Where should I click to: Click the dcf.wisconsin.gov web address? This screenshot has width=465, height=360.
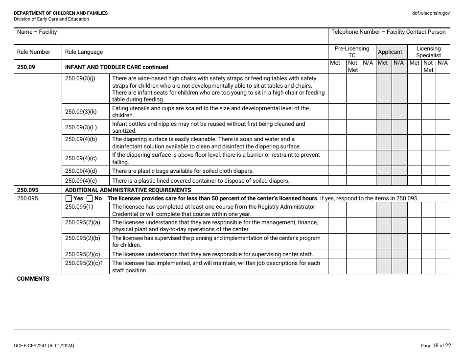click(x=431, y=13)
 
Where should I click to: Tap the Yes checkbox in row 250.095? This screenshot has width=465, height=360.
click(x=69, y=198)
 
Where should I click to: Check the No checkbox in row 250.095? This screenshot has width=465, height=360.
click(x=90, y=198)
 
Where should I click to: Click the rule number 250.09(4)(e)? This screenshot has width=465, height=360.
click(x=81, y=180)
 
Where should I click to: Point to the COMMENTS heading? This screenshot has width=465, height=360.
click(x=33, y=279)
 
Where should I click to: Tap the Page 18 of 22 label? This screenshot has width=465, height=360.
click(x=435, y=346)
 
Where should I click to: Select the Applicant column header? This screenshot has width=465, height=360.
click(x=390, y=52)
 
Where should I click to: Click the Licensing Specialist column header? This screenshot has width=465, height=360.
click(x=428, y=52)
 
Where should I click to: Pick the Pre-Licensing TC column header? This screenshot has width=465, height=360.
click(x=352, y=52)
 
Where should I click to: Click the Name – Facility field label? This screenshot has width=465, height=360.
click(x=37, y=32)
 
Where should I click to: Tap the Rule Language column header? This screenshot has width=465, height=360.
click(x=84, y=52)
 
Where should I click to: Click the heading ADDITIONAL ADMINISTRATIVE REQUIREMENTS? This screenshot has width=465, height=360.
click(x=128, y=190)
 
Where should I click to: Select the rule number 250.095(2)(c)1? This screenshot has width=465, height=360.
click(x=85, y=263)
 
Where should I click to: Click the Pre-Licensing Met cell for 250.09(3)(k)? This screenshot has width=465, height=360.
click(x=337, y=112)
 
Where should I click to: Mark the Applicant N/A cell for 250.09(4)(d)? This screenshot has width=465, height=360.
click(x=399, y=171)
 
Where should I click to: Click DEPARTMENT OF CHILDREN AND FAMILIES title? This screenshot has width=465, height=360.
click(x=61, y=13)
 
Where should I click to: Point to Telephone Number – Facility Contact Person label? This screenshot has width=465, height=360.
click(x=388, y=32)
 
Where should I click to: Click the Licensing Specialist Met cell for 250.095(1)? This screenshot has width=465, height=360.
click(x=414, y=210)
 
